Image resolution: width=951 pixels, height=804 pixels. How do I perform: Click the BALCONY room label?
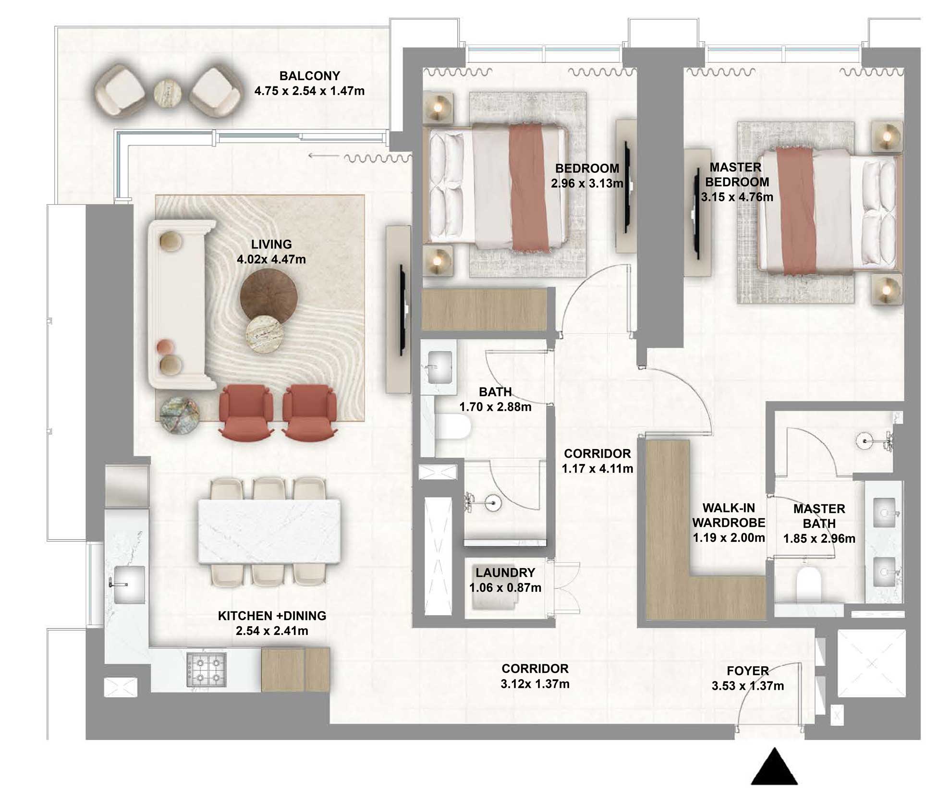coord(309,76)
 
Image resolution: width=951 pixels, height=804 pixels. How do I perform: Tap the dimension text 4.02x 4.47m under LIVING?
coord(271,259)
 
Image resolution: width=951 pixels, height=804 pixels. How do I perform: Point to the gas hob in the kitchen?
coord(207,669)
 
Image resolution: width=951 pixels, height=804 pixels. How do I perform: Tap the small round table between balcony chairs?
coord(168,94)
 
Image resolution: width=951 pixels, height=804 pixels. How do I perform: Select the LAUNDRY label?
coord(505,573)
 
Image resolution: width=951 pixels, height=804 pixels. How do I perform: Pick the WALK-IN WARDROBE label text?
coord(728,515)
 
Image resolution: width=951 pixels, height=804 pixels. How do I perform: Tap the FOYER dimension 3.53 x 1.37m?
coord(747,686)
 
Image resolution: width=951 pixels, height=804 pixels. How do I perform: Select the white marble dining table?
coord(269,531)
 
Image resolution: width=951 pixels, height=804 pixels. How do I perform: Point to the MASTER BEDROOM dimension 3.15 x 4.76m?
coord(736,197)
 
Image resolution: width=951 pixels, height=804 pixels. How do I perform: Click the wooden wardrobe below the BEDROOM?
coord(484,309)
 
